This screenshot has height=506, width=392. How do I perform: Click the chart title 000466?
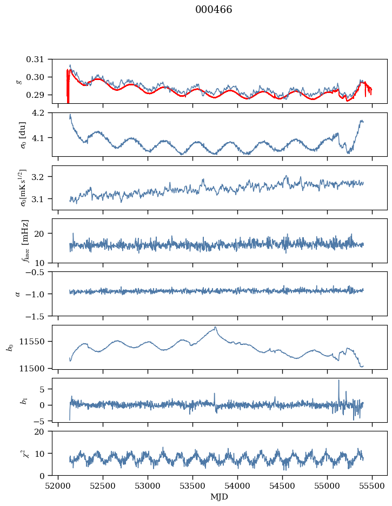214,10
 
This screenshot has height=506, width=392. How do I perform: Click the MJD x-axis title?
220,497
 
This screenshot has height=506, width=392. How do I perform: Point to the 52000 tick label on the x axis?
59,485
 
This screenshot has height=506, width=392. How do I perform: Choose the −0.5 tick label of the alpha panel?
38,272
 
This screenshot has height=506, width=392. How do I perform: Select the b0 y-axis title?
10,347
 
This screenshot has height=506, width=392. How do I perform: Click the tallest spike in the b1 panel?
339,381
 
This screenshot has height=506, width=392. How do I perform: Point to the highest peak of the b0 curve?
216,327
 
